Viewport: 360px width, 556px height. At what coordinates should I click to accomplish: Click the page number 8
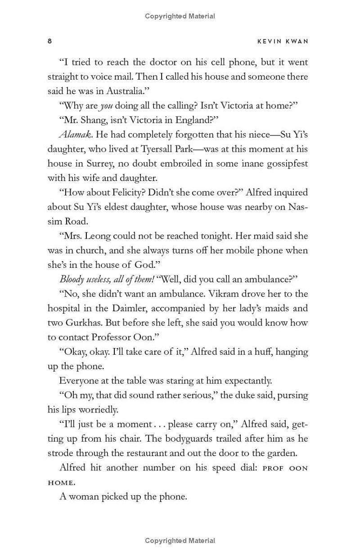pos(50,41)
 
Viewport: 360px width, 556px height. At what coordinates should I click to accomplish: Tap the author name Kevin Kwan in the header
pos(283,41)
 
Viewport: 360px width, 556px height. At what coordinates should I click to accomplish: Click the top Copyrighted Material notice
pos(180,16)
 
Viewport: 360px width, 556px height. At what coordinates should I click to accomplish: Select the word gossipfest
pos(283,163)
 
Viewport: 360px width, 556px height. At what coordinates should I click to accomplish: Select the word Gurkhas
pos(82,322)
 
